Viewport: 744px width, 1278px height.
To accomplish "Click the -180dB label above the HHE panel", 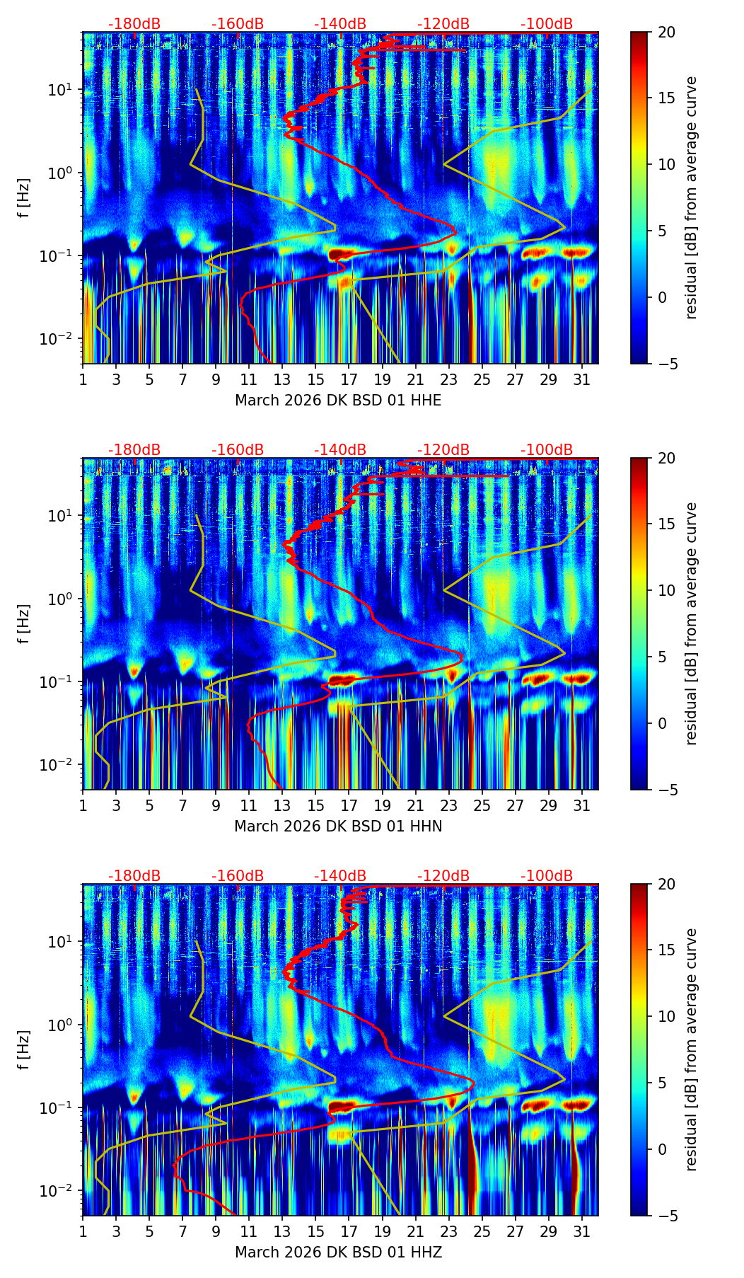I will (134, 24).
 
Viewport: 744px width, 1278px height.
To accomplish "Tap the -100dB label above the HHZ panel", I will (547, 876).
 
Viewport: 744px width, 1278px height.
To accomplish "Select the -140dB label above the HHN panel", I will (340, 450).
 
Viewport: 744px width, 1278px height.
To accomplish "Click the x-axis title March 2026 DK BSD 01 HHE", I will (338, 401).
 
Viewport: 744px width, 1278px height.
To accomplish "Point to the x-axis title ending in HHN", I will (338, 827).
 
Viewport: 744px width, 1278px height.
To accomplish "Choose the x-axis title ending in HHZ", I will (338, 1253).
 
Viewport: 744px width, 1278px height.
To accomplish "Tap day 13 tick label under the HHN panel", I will (282, 805).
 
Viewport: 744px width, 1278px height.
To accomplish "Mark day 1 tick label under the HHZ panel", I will (83, 1231).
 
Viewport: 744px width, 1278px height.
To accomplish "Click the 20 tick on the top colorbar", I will (665, 33).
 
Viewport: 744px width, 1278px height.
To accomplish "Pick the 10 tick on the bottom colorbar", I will (665, 1016).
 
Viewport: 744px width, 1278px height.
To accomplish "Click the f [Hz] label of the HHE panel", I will (24, 198).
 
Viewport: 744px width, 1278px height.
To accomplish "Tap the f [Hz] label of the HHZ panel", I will (24, 1050).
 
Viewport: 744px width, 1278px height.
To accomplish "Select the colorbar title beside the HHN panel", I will (692, 623).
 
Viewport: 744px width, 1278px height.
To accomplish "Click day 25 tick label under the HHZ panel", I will (482, 1231).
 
